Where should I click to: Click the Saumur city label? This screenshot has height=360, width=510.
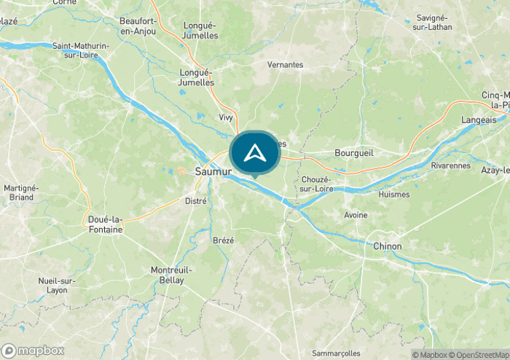coord(213,172)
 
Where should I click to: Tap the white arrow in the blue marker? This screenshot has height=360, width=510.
coord(254,153)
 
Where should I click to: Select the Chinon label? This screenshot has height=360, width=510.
coord(387,246)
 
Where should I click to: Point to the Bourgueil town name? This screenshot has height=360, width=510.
coord(353,154)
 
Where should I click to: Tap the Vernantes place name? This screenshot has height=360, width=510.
coord(285,65)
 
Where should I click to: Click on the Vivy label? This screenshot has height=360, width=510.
coord(226,117)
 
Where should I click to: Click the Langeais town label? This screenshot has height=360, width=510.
coord(479,120)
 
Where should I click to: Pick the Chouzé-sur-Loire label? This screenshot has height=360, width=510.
coord(316,184)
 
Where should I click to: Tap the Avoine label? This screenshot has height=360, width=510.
coord(356,215)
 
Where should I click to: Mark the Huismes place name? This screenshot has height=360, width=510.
coord(394,195)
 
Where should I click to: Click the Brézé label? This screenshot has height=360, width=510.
coord(223,240)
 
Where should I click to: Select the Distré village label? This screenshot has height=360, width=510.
coord(196,200)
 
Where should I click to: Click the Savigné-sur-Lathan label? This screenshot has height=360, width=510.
coord(433,22)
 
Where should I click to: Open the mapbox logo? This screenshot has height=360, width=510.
coord(33,350)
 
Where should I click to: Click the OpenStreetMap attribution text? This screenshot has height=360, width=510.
coord(480,355)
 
